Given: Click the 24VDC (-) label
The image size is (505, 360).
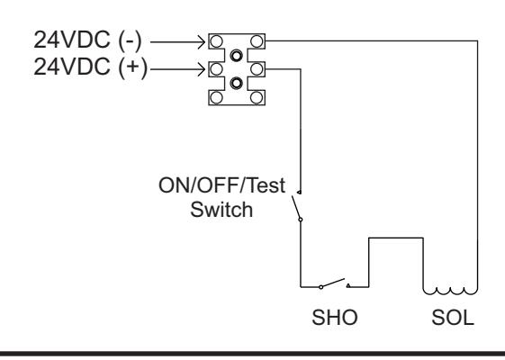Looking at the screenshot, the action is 87,40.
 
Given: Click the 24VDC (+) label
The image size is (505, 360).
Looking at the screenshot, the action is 91,67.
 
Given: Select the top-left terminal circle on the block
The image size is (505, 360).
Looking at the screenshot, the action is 216,41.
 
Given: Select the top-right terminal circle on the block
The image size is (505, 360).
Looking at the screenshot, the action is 257,41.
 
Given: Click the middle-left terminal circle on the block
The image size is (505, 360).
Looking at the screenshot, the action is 216,69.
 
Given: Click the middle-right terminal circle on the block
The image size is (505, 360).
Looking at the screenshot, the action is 257,69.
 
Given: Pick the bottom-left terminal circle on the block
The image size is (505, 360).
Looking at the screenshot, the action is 216,97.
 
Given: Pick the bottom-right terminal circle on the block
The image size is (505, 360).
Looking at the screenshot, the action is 257,97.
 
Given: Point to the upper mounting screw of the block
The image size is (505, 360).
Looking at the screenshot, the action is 237,56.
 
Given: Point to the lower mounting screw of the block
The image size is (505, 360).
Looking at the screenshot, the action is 237,83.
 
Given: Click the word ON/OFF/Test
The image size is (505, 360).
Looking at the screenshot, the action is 222,185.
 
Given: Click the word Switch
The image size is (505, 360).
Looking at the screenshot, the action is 221,210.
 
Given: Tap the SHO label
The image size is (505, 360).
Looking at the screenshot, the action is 335,317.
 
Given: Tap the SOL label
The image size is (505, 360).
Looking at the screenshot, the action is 453,318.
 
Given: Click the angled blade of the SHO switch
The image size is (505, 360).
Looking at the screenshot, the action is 333,283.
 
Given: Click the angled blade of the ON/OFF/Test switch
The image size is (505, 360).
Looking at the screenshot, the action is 296,207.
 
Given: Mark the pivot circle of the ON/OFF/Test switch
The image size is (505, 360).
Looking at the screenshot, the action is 301,220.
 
